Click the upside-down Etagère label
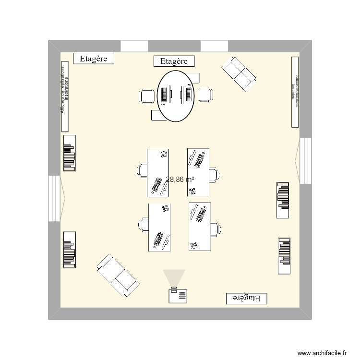click(246, 298)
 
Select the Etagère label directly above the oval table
click(174, 61)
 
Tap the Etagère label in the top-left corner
click(94, 59)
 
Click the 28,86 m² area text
click(180, 180)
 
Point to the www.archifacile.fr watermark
click(322, 352)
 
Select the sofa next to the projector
click(118, 275)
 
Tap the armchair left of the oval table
click(147, 96)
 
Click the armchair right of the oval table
click(205, 95)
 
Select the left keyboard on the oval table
click(164, 95)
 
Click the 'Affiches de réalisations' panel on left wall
click(65, 96)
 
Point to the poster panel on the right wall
click(295, 92)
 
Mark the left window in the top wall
click(134, 46)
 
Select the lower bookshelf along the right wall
click(284, 256)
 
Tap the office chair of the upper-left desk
click(142, 170)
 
